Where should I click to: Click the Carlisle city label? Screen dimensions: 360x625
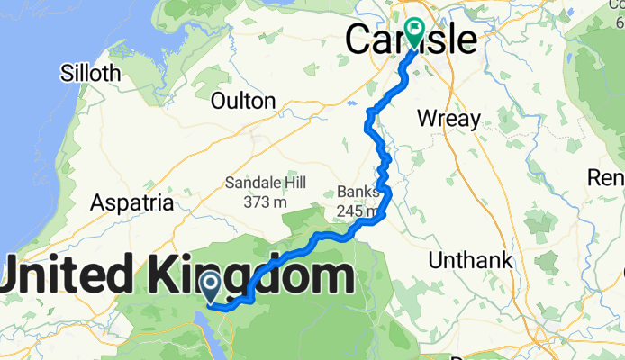point(412,40)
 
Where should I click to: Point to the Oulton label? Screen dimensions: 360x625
point(242,101)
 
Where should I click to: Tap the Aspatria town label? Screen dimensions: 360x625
point(131,203)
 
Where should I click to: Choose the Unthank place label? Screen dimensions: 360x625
point(470,261)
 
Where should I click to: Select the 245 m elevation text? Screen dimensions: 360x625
point(356,211)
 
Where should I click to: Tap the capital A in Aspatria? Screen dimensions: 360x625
point(98,203)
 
